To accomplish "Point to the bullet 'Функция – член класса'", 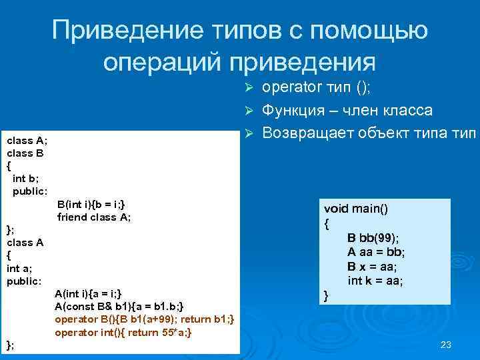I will (347, 110).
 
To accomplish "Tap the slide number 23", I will (446, 345).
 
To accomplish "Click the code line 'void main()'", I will (356, 209).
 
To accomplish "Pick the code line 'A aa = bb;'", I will (376, 251).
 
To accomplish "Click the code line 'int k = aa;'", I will (375, 281).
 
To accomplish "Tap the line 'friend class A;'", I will (94, 217).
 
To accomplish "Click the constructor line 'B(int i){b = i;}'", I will (91, 204).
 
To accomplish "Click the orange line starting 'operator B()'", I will (144, 319).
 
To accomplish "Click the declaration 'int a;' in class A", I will (18, 268).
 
